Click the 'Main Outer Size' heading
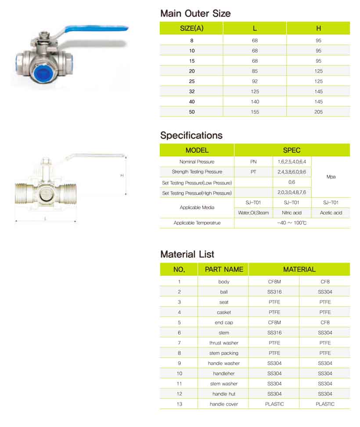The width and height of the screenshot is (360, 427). pos(195,14)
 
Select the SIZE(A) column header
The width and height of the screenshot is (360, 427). pos(191,29)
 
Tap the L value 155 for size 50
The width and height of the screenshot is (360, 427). pos(255,112)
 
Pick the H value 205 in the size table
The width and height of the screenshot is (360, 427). pos(318,112)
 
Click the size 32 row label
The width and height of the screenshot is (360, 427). pos(191,91)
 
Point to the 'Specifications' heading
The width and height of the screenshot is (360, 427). pos(191,135)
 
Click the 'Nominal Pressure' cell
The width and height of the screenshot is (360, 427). pos(197,162)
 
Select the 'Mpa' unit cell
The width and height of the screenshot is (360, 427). pos(331,177)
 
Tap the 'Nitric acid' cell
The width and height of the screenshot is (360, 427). pos(292,213)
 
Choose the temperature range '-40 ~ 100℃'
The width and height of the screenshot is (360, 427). pos(292,223)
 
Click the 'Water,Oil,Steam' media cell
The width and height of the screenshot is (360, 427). pos(253,213)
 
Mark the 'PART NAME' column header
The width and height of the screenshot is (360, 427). pos(224,269)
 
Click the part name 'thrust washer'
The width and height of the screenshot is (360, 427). pos(224,343)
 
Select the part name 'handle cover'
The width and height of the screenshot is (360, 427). pos(224,404)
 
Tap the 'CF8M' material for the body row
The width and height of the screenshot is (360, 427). pos(274,282)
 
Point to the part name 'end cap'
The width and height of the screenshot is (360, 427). pos(224,322)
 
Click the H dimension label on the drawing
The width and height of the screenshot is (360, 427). pos(122,176)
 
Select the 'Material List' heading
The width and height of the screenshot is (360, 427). pos(187,254)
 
